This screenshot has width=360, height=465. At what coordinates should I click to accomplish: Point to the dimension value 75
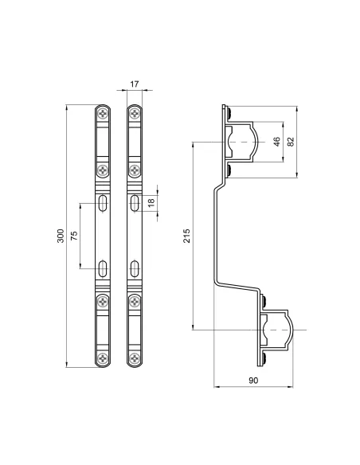tap(74, 236)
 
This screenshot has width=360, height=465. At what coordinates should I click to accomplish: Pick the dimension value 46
tap(276, 142)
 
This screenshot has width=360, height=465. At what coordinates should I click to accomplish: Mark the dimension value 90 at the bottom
tap(253, 381)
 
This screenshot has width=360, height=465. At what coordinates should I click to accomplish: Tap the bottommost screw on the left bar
tap(103, 358)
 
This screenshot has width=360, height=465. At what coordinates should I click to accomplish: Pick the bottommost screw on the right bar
tap(135, 358)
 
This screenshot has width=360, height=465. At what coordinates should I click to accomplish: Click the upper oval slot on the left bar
tap(103, 202)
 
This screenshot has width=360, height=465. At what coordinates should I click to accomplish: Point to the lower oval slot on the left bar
tap(103, 268)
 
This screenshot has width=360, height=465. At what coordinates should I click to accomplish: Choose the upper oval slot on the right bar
tap(135, 202)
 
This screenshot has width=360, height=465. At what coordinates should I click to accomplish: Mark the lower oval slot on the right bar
tap(135, 268)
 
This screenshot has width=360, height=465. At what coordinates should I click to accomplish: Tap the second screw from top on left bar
tap(103, 169)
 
